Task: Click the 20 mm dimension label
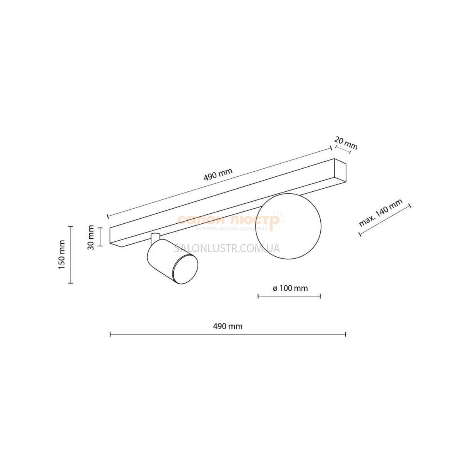(346, 143)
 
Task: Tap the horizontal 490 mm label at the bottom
(228, 326)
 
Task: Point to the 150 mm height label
(62, 254)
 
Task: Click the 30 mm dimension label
(91, 238)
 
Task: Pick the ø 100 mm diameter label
(290, 288)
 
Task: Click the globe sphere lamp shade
(288, 226)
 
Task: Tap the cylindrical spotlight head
(172, 261)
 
